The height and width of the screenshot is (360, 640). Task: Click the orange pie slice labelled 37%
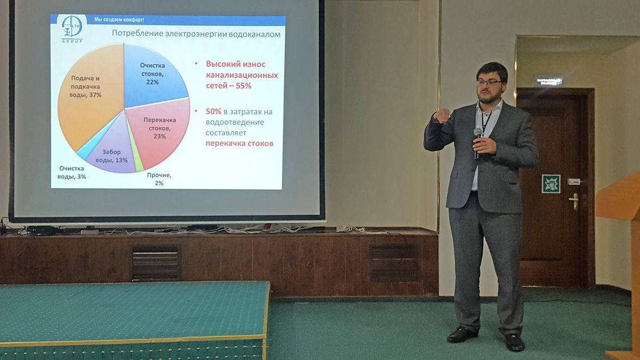point(88,96)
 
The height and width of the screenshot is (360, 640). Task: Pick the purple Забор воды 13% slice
point(115,152)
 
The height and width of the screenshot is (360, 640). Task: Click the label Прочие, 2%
point(158,179)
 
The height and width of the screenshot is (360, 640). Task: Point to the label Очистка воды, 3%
point(73,172)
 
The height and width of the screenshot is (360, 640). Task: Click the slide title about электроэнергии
point(196,34)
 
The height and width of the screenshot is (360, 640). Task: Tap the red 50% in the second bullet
point(213,111)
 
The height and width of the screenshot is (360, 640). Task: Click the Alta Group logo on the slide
point(71,28)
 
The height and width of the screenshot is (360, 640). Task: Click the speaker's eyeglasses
point(489,83)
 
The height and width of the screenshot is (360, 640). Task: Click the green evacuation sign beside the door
point(551,183)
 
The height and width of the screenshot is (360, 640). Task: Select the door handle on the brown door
point(574,201)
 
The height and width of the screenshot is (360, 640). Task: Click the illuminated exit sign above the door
point(549,81)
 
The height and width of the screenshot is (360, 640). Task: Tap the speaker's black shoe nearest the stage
point(462,334)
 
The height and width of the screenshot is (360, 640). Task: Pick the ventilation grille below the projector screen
point(156,263)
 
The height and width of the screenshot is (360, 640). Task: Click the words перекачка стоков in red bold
point(239,143)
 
